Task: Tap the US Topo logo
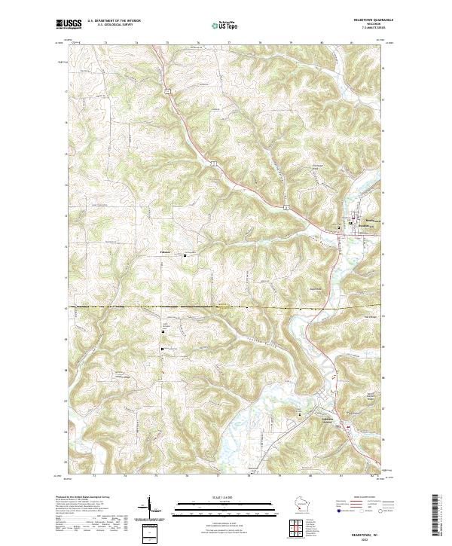(x=225, y=24)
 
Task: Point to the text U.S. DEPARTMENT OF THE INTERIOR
(x=114, y=20)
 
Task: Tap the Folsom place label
(x=166, y=252)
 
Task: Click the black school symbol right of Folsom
(x=185, y=256)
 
